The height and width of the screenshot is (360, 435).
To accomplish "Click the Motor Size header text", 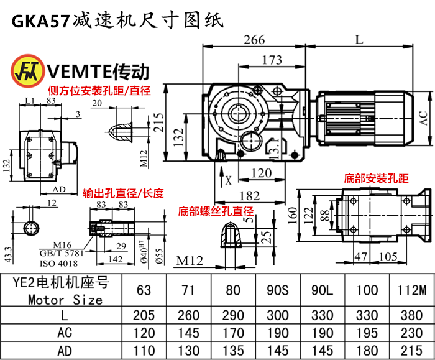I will [65, 299].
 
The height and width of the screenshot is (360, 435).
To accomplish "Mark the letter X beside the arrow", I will [229, 182].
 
